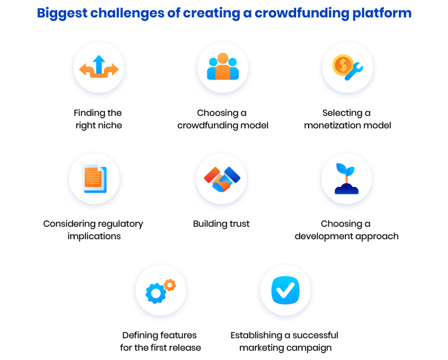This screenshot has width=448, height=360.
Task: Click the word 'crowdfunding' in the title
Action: click(x=301, y=13)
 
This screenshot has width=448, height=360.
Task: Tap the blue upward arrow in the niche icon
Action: click(x=99, y=64)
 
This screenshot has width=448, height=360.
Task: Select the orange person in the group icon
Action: click(x=223, y=66)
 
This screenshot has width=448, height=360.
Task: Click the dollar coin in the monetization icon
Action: click(x=343, y=65)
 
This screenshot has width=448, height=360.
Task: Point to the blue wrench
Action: click(x=355, y=72)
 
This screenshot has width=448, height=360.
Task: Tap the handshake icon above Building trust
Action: click(x=222, y=179)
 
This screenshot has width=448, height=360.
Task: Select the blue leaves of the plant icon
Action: click(x=345, y=169)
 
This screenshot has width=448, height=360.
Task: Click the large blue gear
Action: click(x=156, y=293)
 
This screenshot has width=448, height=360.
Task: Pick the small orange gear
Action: click(x=170, y=285)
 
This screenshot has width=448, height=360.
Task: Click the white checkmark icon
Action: click(x=285, y=290)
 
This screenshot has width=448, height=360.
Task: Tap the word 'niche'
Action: click(x=110, y=125)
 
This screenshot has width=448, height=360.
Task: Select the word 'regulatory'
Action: click(x=123, y=224)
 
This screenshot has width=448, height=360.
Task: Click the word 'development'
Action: click(x=324, y=237)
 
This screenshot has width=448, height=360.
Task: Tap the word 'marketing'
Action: click(x=257, y=348)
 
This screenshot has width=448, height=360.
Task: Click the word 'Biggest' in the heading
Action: click(x=62, y=14)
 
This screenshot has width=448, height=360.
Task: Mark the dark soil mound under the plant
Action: click(x=347, y=189)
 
